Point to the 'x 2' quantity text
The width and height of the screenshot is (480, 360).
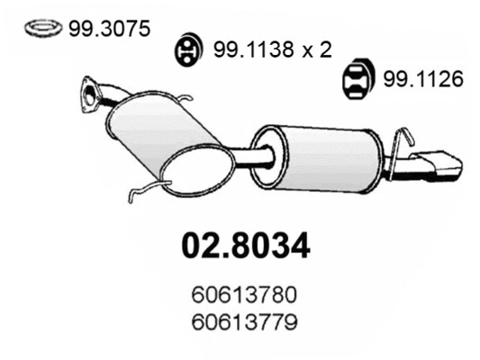point(313,51)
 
